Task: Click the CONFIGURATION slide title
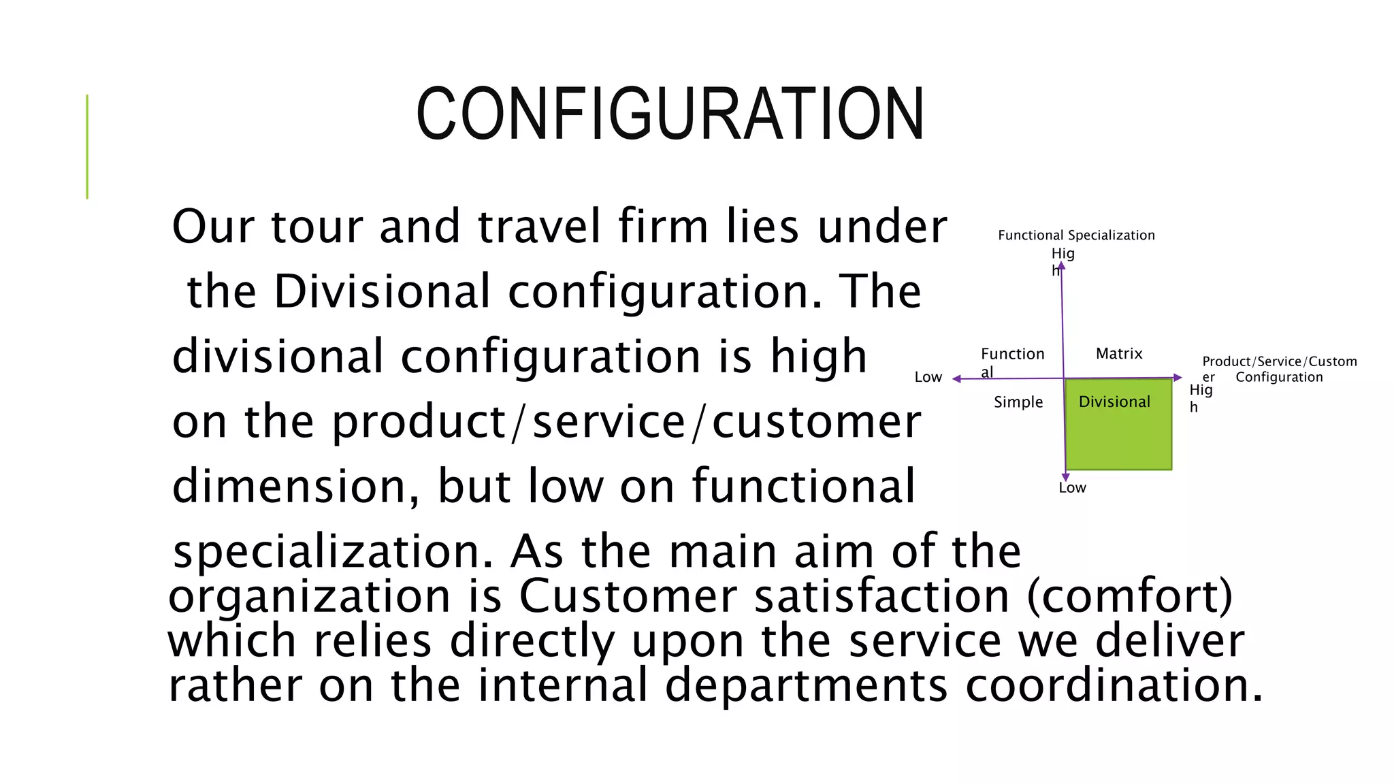(x=670, y=114)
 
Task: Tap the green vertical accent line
(x=87, y=146)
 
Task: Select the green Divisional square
(x=1118, y=432)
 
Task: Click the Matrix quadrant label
(x=1119, y=353)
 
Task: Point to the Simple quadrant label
(x=1018, y=402)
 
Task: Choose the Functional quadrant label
(x=1012, y=361)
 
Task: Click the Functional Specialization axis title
(x=1076, y=235)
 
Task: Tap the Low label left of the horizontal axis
(x=928, y=377)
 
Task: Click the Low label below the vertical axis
(x=1072, y=487)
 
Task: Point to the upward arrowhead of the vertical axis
(x=1061, y=265)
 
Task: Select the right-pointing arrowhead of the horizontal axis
(x=1178, y=378)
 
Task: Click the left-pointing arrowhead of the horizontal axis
(x=956, y=379)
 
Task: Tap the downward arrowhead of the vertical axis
(x=1065, y=478)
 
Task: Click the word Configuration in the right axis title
(x=1279, y=377)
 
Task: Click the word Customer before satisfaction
(x=628, y=596)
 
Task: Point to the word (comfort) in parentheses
(x=1129, y=596)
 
